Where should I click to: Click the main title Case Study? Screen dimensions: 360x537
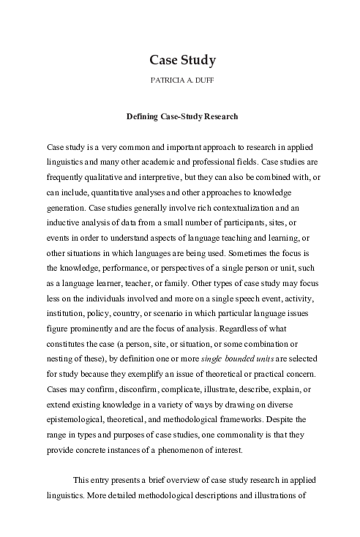[x=180, y=59]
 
